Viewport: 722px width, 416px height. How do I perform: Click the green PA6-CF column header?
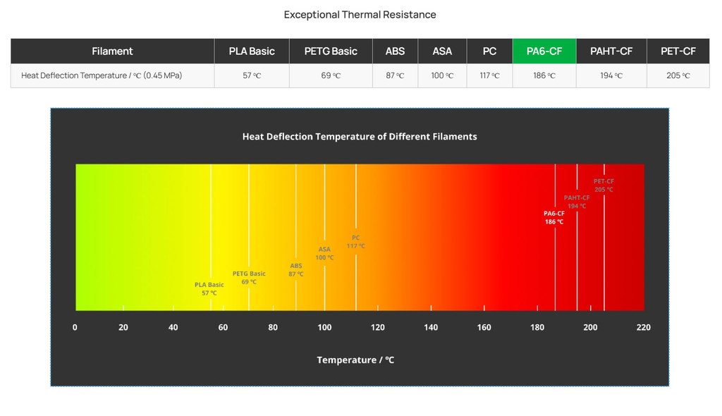(x=544, y=51)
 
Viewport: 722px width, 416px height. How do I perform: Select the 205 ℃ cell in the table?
(x=678, y=75)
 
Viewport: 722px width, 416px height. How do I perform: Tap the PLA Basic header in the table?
(x=252, y=51)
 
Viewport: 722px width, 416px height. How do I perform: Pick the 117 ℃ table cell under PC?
(x=489, y=75)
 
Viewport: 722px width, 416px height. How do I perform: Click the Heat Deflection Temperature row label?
(x=102, y=75)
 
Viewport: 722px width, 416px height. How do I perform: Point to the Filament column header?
(x=112, y=51)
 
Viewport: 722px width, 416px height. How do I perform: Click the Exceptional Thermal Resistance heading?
(x=360, y=15)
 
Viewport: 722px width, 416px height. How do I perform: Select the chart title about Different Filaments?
(x=360, y=137)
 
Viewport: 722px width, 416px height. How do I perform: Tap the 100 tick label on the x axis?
(x=324, y=327)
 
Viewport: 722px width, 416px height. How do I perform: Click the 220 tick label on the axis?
(x=643, y=327)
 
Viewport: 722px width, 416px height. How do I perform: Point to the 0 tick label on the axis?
(x=75, y=327)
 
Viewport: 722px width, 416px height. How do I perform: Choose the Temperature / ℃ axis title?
(x=355, y=360)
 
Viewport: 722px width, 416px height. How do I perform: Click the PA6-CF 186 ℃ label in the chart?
(x=554, y=217)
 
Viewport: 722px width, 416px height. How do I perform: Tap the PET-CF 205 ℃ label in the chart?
(x=604, y=185)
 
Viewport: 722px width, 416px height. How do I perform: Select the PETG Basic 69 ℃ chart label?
(x=249, y=277)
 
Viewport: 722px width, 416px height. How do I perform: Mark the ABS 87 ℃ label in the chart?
(x=296, y=269)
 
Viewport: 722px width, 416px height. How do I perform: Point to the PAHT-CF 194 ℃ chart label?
(x=577, y=202)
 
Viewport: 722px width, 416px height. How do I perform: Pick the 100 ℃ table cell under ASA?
(x=442, y=75)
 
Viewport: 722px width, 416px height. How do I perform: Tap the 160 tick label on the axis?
(x=484, y=327)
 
